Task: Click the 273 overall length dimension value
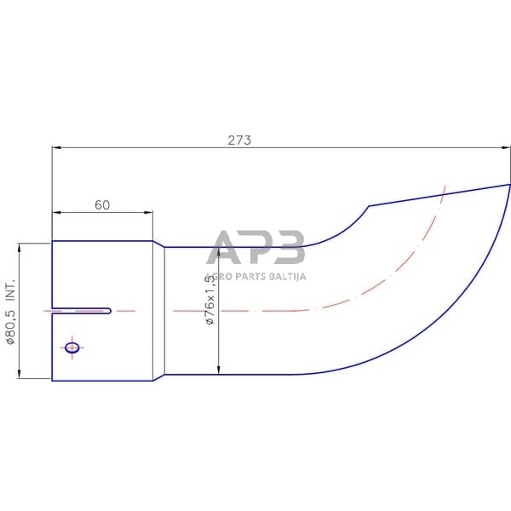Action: (239, 141)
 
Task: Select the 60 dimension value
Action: (102, 205)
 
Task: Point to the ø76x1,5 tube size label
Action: (210, 295)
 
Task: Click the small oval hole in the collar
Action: (72, 347)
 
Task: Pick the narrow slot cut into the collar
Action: (82, 311)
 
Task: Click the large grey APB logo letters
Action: (255, 247)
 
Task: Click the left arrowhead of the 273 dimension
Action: (56, 147)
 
